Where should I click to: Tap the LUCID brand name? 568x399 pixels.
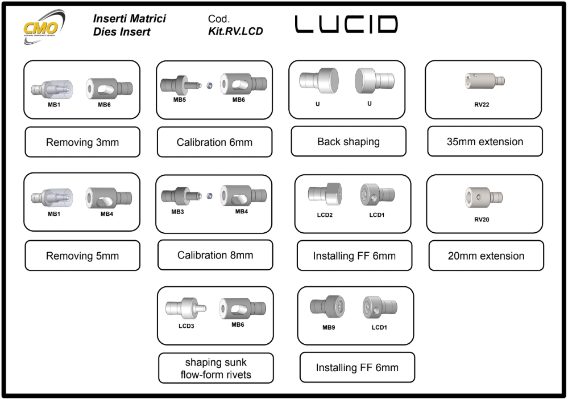[x=346, y=24]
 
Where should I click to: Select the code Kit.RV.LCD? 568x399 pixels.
[x=235, y=31]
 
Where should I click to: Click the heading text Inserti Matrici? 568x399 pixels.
[x=129, y=19]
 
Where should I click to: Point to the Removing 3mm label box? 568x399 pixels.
[x=82, y=142]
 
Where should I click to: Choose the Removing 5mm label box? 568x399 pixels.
[x=82, y=256]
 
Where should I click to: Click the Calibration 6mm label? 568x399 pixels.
[x=214, y=142]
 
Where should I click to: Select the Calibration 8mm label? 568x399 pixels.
[x=215, y=255]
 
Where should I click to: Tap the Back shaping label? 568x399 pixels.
[x=349, y=141]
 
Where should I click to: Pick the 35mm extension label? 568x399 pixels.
[x=485, y=141]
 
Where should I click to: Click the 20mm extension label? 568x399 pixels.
[x=486, y=256]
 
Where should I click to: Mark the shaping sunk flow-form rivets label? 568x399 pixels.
[x=215, y=368]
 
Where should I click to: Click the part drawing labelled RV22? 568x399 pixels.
[x=484, y=80]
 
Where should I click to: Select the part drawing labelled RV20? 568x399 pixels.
[x=484, y=196]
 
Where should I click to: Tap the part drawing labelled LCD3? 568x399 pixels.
[x=185, y=308]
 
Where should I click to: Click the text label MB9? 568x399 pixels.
[x=329, y=327]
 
